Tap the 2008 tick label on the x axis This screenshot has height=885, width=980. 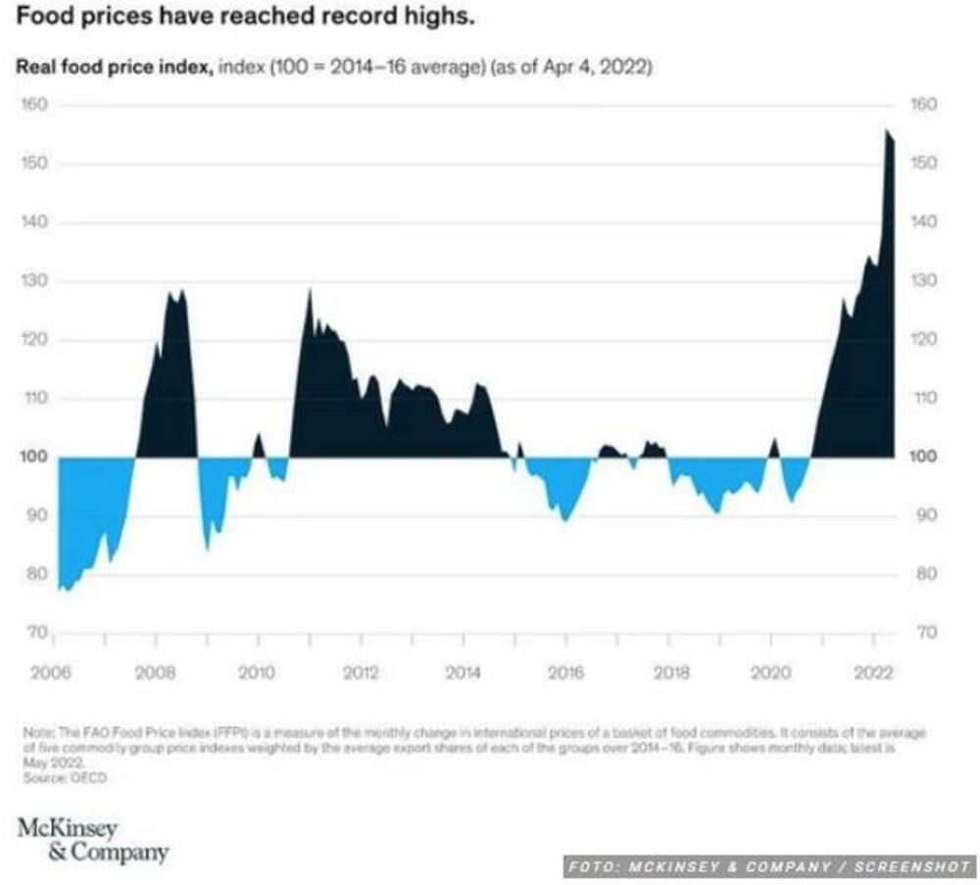(x=155, y=673)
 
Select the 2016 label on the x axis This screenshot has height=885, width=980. (x=565, y=673)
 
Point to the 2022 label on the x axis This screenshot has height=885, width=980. (x=873, y=673)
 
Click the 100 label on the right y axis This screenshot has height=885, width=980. (x=926, y=458)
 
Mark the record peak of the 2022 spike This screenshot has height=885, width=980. (x=887, y=130)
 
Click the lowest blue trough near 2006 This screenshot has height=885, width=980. (x=66, y=591)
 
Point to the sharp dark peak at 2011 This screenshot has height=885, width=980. (x=310, y=289)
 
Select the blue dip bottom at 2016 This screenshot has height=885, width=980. (x=564, y=520)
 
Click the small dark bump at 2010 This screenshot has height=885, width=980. (x=259, y=434)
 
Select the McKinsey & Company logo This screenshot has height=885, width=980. (x=92, y=840)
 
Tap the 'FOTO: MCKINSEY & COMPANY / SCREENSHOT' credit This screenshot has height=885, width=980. (x=768, y=867)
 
